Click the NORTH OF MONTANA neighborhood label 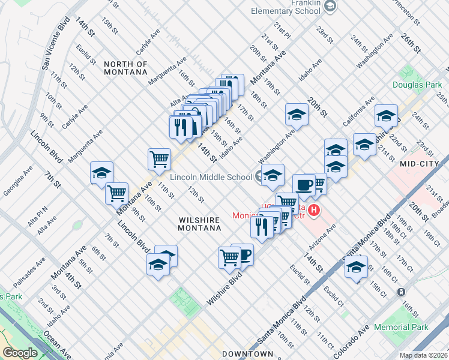pos(125,68)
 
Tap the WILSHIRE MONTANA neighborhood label pos(200,224)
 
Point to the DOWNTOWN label pos(248,354)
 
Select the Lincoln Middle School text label pos(211,177)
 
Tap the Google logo pos(20,352)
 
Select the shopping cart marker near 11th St pos(159,160)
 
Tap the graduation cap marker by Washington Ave pos(296,114)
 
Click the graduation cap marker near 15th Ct pos(356,266)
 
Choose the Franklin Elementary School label pos(285,7)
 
